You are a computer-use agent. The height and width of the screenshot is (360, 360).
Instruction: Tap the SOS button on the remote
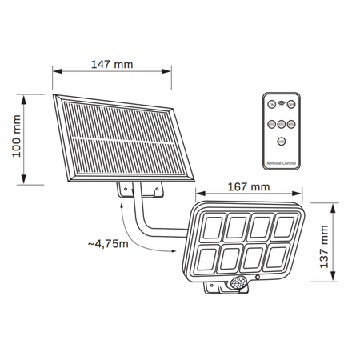[x=281, y=142]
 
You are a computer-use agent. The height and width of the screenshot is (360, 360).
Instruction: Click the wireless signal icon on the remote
[x=281, y=103]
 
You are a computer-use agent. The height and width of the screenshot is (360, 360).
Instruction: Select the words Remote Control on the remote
[x=281, y=162]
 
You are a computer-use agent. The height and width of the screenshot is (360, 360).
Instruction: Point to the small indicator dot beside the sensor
[x=257, y=278]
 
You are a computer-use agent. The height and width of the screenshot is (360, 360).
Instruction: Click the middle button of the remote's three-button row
[x=281, y=124]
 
